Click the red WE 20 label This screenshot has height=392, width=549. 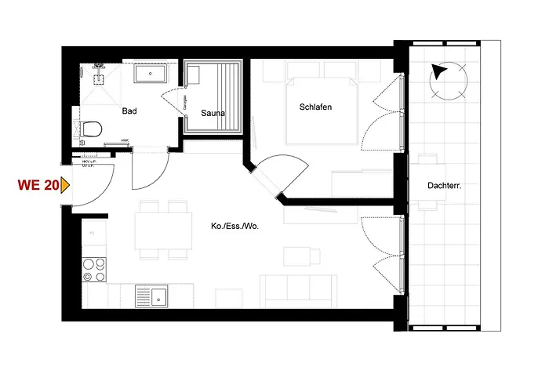point(37,186)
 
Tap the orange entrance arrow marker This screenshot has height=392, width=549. point(66,186)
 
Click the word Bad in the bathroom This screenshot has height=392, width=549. point(129,111)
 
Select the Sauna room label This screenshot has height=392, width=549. point(213,113)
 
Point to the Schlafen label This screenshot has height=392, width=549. point(317,107)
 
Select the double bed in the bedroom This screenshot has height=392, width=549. point(322,110)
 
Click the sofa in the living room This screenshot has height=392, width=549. point(298,292)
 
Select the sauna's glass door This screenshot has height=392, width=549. point(174,99)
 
